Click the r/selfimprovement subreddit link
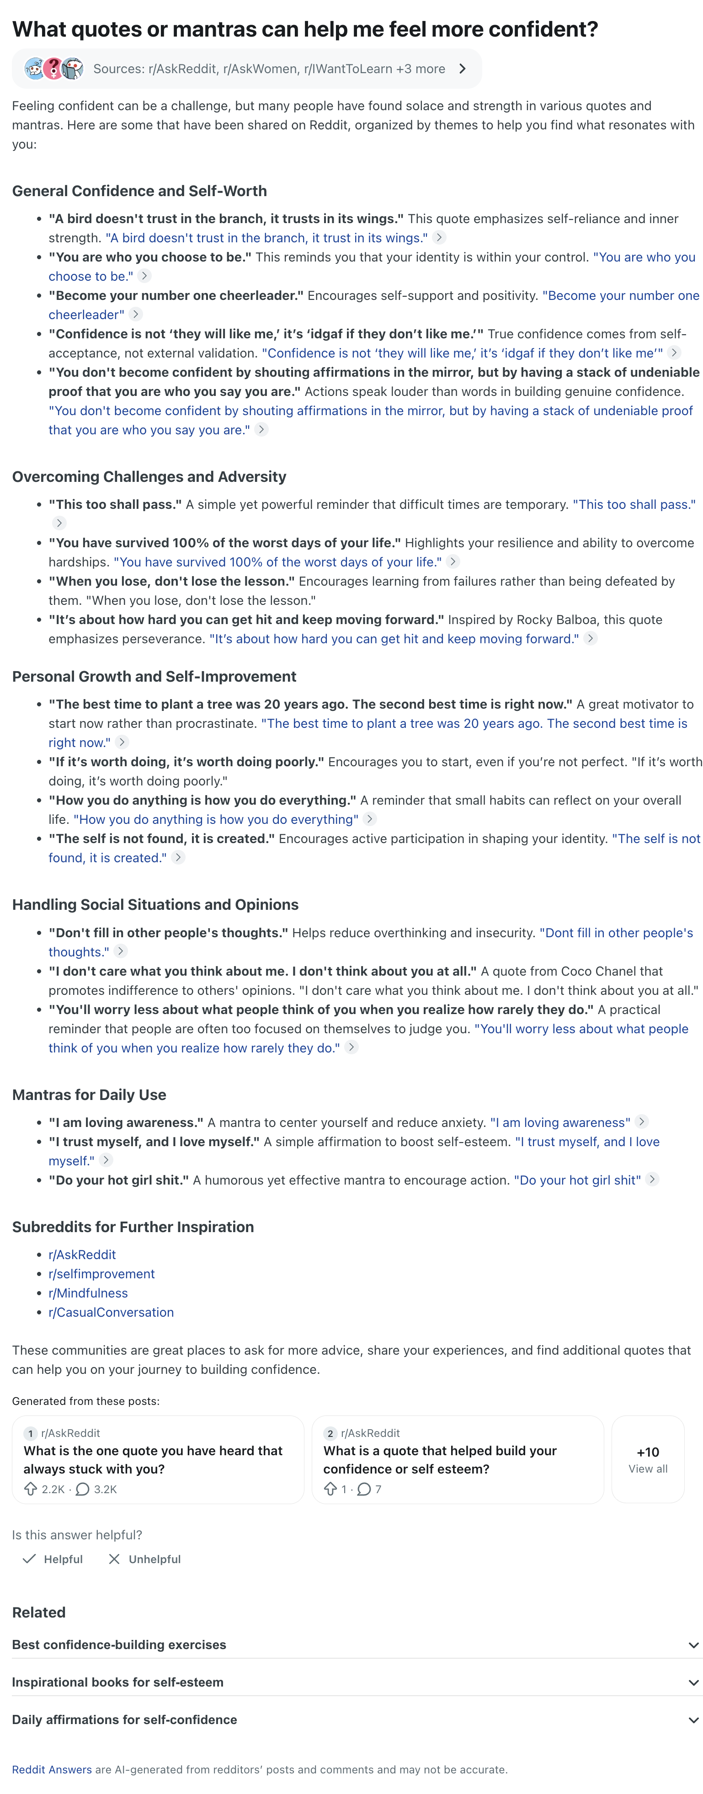point(101,1274)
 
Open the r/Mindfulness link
point(88,1292)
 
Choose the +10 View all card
point(647,1459)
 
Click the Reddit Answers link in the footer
point(52,1770)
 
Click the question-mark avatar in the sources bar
point(53,68)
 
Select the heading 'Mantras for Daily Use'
point(89,1095)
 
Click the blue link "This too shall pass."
point(634,504)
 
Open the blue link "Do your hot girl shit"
point(577,1180)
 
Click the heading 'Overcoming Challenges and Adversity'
point(149,476)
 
